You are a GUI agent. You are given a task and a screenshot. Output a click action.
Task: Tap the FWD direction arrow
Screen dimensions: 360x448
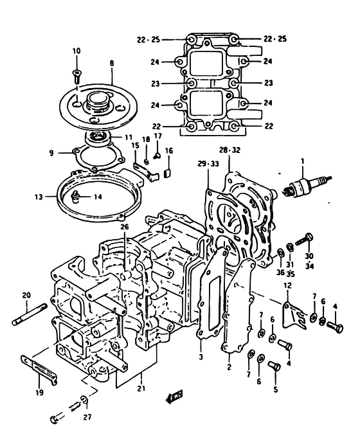[x=174, y=397]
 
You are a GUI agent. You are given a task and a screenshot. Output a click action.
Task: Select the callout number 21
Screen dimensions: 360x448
[x=141, y=389]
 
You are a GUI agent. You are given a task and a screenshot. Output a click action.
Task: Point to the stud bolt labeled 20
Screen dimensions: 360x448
[x=30, y=314]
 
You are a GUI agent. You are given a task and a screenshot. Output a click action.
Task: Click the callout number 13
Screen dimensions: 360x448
[x=39, y=197]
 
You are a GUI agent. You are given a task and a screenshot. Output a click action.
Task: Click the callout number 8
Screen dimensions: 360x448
[x=112, y=64]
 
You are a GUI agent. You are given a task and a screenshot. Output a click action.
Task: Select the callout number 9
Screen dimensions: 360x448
[x=51, y=153]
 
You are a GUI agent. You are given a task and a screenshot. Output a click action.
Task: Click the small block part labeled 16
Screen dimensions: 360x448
[x=168, y=174]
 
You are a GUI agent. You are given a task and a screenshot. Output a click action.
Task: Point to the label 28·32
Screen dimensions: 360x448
[x=230, y=150]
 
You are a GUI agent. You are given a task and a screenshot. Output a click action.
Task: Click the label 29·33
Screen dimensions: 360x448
[x=208, y=164]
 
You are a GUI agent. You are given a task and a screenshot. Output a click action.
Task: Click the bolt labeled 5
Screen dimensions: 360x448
[x=274, y=366]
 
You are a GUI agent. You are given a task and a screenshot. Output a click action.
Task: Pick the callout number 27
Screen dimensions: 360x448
[x=87, y=417]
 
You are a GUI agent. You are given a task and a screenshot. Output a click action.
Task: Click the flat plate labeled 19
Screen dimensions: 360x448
[x=39, y=370]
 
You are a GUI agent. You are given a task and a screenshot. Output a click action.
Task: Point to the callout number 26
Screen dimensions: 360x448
[x=125, y=227]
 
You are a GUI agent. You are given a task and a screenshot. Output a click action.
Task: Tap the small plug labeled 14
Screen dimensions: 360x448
[x=75, y=196]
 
